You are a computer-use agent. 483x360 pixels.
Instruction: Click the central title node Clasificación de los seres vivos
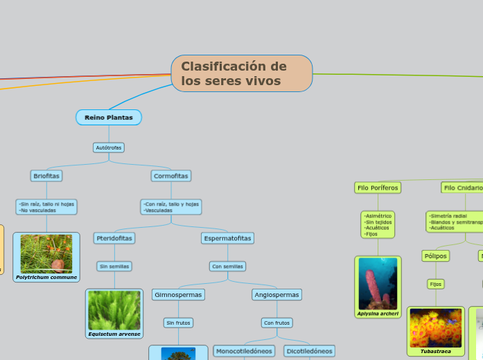point(242,73)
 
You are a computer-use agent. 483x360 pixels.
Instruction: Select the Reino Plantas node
point(109,118)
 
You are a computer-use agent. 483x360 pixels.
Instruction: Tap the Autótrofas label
point(109,147)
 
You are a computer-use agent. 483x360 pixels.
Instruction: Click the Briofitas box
point(46,176)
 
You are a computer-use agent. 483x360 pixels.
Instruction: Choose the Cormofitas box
point(170,176)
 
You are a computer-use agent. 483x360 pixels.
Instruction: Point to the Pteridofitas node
point(114,238)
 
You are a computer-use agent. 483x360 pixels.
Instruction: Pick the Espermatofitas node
point(228,238)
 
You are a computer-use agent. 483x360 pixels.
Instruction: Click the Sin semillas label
point(114,266)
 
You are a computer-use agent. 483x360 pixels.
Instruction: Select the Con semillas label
point(227,266)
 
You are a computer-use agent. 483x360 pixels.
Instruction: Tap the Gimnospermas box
point(178,295)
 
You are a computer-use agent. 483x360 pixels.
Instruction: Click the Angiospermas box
point(277,295)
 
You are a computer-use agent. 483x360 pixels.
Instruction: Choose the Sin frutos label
point(178,323)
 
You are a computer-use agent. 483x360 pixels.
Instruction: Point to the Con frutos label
point(277,323)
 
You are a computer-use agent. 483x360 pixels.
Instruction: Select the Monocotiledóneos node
point(244,351)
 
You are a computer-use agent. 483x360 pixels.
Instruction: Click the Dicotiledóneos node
point(310,351)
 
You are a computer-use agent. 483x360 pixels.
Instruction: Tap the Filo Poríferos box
point(377,188)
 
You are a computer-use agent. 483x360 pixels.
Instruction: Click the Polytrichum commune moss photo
point(46,253)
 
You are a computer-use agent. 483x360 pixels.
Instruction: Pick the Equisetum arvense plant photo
point(114,310)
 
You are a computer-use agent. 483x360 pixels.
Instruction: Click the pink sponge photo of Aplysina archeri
point(378,283)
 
